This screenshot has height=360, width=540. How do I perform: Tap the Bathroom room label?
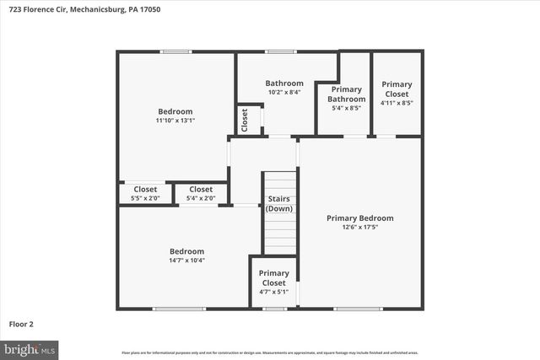coord(284,83)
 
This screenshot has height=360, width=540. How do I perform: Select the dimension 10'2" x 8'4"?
coord(284,93)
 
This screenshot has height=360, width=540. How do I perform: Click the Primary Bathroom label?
coord(346,94)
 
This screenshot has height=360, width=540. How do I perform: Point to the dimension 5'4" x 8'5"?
coord(346,108)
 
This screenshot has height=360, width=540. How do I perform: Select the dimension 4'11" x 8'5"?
coord(397,103)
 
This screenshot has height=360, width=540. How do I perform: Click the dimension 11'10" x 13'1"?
coord(175,121)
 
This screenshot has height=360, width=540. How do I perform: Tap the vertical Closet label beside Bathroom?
coord(244,121)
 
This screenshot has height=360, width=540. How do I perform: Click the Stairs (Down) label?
coord(279,203)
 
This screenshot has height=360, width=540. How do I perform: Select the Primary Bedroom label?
coord(360,218)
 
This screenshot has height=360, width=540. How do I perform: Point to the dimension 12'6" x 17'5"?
coord(360,228)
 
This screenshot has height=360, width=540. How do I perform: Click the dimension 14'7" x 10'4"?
coord(186,261)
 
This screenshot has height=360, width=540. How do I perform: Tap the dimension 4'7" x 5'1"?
coord(273,293)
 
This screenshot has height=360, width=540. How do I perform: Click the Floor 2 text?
coord(21,323)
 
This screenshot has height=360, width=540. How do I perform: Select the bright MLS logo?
coord(30,348)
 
